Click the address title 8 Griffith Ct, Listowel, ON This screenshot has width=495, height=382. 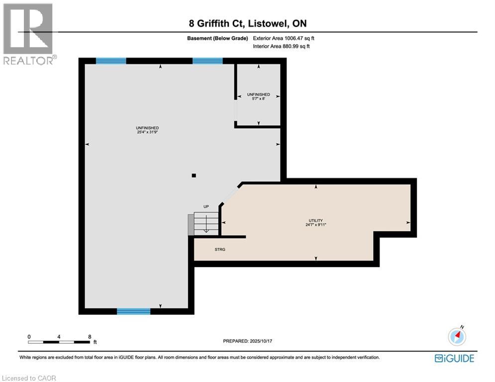247,24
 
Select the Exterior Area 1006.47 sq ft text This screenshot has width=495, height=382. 284,38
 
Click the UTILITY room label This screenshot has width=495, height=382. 315,220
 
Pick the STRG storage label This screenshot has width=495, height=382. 220,249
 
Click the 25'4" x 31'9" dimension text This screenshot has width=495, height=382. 147,132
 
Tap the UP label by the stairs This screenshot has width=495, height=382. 205,206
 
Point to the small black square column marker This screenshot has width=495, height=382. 194,175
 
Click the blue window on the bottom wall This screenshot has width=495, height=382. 133,311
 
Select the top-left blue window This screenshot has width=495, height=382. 111,61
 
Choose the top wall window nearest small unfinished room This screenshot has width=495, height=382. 207,61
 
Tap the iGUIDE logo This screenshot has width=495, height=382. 454,358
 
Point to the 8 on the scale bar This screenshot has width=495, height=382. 89,337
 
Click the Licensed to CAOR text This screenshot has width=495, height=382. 28,378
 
